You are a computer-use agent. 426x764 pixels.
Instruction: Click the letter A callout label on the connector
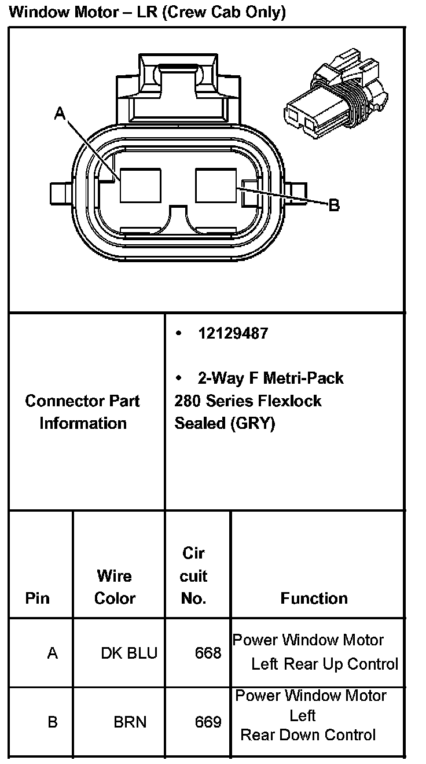(x=60, y=114)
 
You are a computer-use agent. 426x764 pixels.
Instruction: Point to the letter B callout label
(x=334, y=205)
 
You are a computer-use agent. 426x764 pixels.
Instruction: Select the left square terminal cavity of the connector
(x=141, y=185)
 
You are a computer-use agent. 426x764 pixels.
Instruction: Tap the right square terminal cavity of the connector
(x=217, y=185)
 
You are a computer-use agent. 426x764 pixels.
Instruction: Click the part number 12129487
(x=233, y=334)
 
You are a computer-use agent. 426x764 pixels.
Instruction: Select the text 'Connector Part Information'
(x=83, y=412)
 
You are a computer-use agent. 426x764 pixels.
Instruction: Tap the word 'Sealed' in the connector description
(x=200, y=423)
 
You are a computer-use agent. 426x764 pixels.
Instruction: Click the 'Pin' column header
(x=38, y=598)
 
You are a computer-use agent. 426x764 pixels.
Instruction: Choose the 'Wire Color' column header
(x=115, y=587)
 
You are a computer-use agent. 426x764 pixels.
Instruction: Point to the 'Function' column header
(x=314, y=598)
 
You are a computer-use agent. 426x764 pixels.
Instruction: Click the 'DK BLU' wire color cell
(x=129, y=653)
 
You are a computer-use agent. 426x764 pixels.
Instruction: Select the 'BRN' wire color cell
(x=130, y=722)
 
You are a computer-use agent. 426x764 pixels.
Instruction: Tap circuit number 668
(x=208, y=653)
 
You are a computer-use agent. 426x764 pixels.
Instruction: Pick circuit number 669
(x=208, y=722)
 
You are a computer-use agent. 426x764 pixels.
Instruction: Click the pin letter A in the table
(x=53, y=653)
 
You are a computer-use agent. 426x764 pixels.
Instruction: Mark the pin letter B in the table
(x=53, y=722)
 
